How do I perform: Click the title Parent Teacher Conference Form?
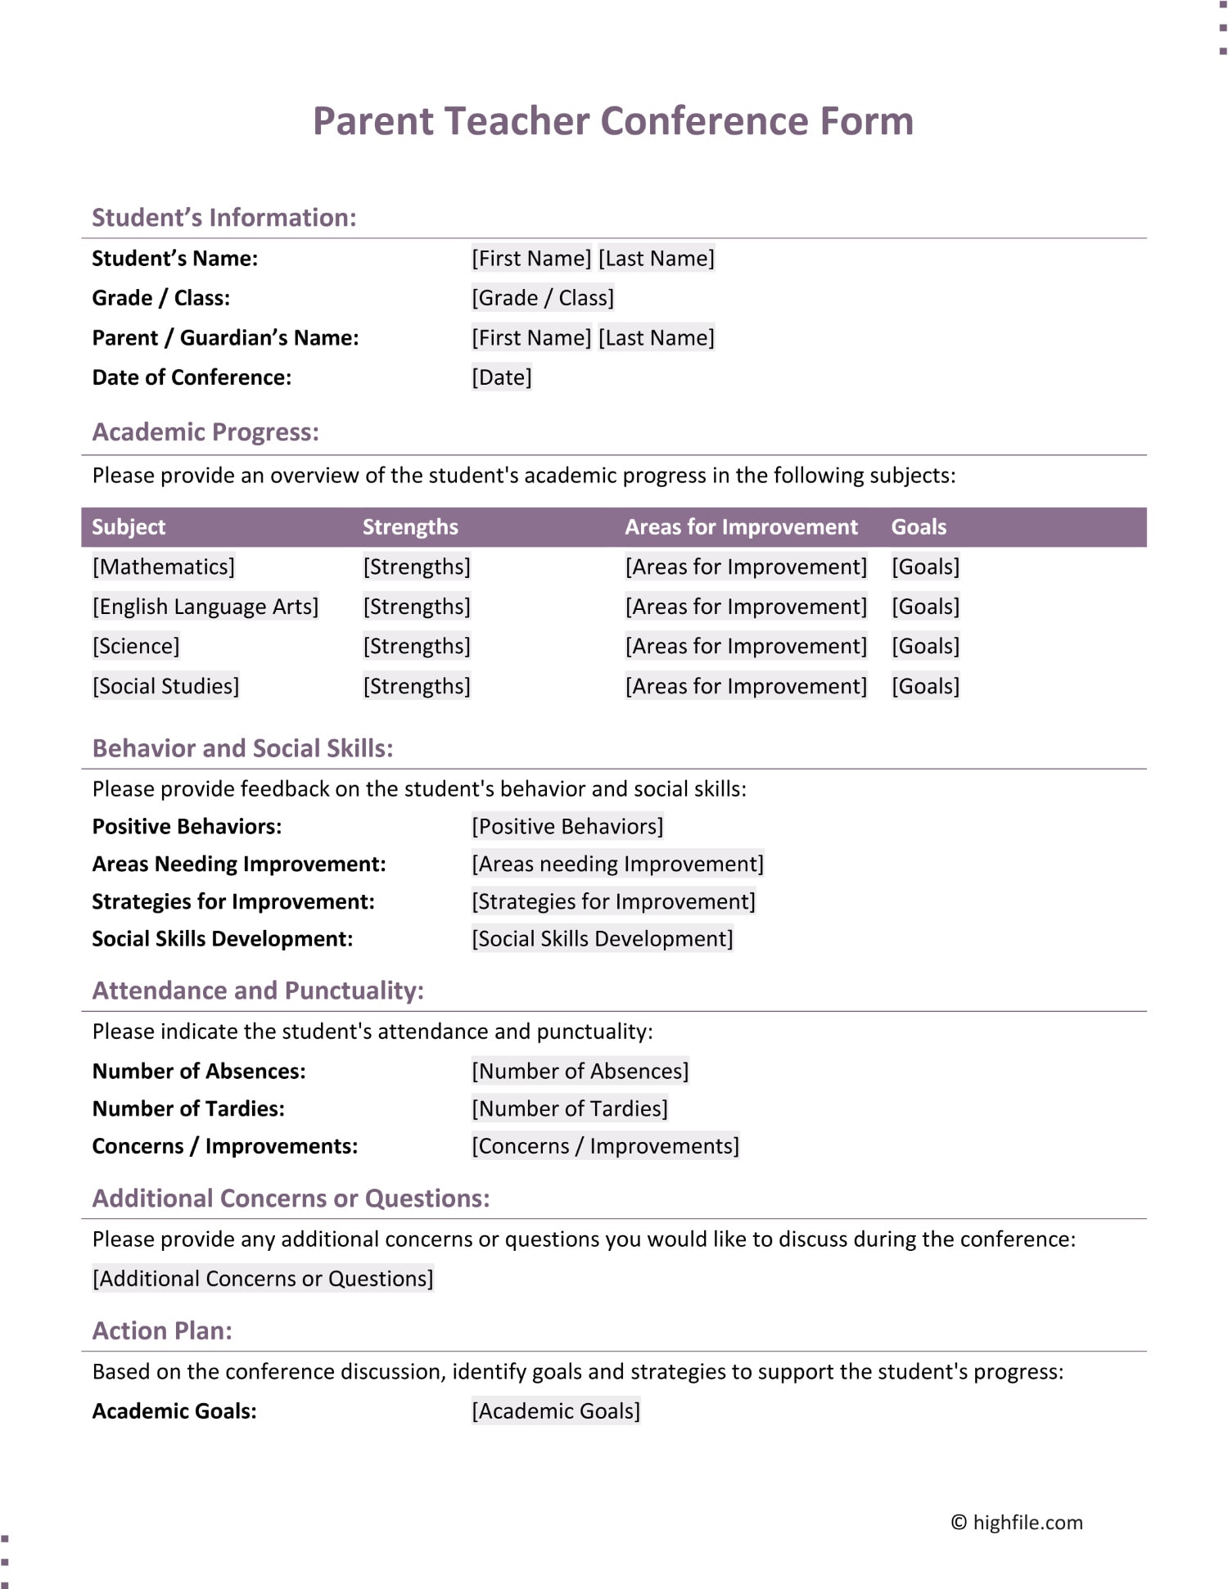coord(613,121)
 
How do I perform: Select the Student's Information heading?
coord(223,218)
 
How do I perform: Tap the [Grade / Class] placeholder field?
coord(542,298)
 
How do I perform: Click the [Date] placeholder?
coord(501,377)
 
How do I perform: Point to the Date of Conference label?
coord(192,377)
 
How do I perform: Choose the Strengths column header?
coord(410,527)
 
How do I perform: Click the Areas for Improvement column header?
coord(741,527)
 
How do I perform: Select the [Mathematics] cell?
coord(164,567)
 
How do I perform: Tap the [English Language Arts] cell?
coord(205,607)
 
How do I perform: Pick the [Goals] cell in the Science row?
coord(925,646)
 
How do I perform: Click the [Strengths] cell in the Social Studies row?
coord(417,686)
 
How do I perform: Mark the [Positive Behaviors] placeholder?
coord(567,826)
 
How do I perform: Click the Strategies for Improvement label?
coord(233,901)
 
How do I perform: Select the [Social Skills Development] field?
coord(602,938)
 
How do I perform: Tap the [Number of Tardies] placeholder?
coord(570,1108)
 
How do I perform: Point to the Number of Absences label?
coord(199,1071)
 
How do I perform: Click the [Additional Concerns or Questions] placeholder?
coord(263,1279)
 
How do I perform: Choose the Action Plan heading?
coord(162,1331)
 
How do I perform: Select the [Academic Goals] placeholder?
coord(556,1411)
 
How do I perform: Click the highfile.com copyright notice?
coord(1017,1523)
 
